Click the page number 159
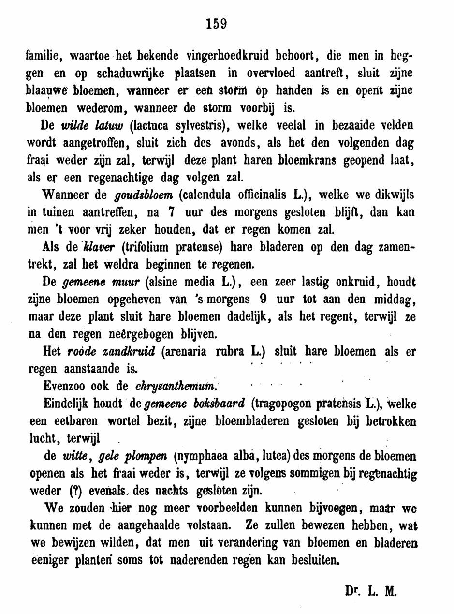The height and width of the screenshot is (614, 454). [216, 23]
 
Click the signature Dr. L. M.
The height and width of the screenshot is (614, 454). [371, 590]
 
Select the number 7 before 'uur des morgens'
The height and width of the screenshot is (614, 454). [170, 212]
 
